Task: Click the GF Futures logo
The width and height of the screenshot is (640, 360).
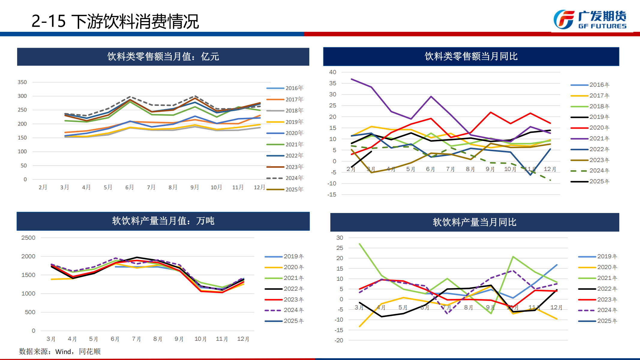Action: pos(590,20)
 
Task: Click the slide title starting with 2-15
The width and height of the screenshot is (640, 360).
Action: pos(115,22)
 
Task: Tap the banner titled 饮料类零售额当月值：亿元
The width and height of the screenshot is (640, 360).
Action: pos(163,56)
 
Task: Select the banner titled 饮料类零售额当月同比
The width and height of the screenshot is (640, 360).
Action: pos(471,56)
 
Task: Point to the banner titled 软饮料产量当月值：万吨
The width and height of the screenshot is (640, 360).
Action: pos(163,221)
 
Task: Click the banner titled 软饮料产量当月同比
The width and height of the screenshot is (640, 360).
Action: pos(474,222)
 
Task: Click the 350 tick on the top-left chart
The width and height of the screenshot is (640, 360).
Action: pos(22,82)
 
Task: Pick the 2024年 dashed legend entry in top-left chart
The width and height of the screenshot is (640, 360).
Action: pos(285,178)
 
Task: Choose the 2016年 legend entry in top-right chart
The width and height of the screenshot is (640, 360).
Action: pos(590,85)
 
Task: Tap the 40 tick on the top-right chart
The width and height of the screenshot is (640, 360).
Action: pos(332,72)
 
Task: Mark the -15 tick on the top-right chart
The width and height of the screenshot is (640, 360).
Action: pos(332,195)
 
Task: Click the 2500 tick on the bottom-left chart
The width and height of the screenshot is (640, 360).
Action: pos(28,238)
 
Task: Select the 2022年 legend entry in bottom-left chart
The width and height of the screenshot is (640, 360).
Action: pos(284,289)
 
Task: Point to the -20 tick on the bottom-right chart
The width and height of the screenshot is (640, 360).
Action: pos(339,340)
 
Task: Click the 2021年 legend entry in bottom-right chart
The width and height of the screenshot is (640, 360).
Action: pos(597,278)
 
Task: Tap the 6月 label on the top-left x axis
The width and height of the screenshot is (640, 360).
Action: pos(129,187)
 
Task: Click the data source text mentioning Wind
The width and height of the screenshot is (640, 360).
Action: pos(60,351)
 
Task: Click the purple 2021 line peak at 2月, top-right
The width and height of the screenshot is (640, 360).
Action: pos(351,79)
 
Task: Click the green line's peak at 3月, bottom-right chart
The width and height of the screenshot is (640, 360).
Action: pos(359,244)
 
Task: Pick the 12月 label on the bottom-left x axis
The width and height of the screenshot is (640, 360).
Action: pos(243,339)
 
